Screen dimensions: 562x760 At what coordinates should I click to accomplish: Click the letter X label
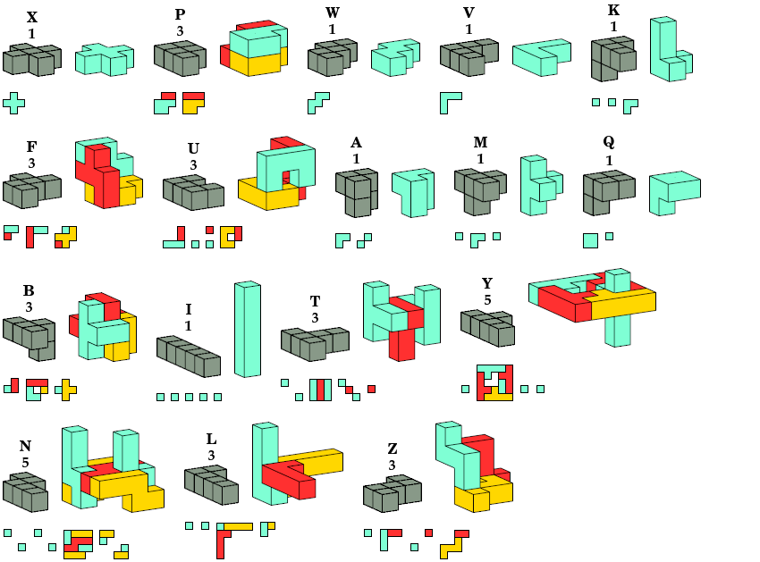point(32,17)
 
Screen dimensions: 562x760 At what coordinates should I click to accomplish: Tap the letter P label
point(180,14)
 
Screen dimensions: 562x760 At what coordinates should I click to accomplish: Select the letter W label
point(333,13)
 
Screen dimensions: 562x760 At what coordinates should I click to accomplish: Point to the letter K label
point(613,11)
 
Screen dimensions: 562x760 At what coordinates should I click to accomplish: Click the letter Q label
point(609,142)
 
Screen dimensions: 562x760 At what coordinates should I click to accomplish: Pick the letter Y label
point(487,284)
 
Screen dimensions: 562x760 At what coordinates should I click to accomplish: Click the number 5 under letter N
point(25,462)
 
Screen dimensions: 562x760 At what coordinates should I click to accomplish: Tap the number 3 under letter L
point(211,455)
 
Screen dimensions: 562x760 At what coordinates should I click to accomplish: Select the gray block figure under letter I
point(189,356)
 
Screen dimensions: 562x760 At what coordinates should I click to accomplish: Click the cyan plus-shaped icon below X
point(13,102)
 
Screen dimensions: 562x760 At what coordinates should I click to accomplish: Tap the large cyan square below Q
point(590,239)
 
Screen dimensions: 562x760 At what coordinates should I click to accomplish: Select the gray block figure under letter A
point(356,191)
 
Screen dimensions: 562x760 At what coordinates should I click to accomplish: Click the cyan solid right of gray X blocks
point(104,59)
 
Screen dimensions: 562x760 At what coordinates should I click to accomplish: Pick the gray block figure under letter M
point(478,189)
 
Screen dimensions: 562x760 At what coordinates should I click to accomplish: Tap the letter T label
point(315,301)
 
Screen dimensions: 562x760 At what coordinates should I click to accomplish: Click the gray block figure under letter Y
point(488,327)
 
